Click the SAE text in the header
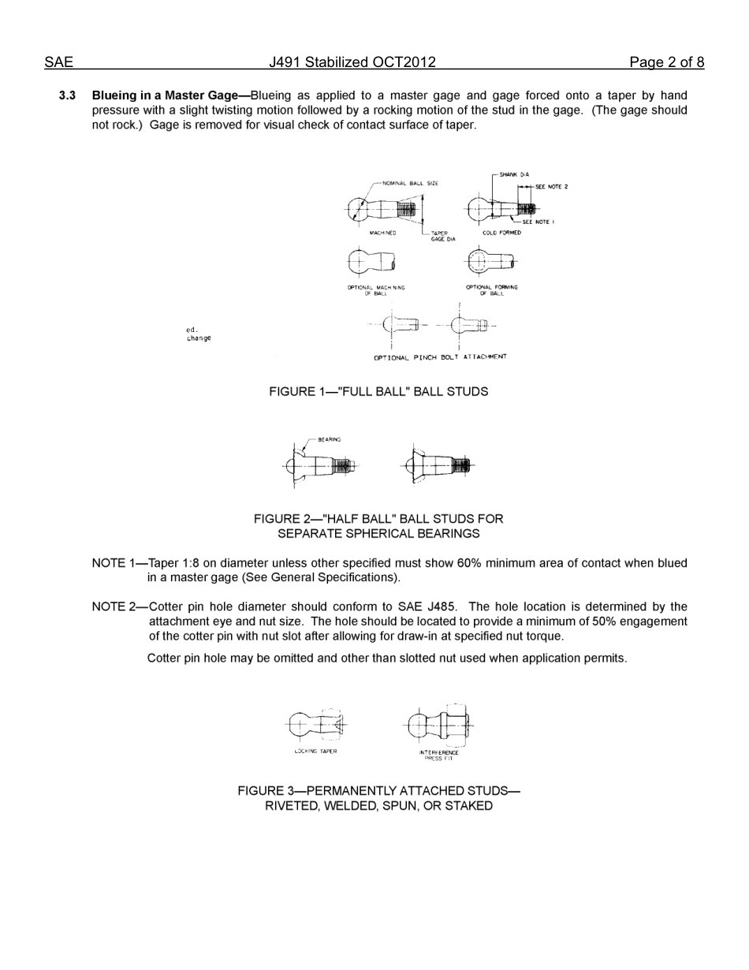[58, 62]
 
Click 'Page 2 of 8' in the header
[666, 62]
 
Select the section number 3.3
[67, 95]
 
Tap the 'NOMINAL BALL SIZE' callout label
[410, 183]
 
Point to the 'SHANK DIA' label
[514, 174]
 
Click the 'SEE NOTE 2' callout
[551, 187]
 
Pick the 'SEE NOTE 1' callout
[538, 222]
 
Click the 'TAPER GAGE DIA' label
[442, 236]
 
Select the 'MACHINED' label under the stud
[382, 233]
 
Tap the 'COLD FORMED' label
[501, 233]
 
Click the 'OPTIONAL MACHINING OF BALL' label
[376, 290]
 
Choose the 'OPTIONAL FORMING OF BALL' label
[492, 290]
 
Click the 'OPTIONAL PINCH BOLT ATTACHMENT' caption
[440, 357]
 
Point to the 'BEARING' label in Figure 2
[330, 439]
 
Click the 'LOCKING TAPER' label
[315, 752]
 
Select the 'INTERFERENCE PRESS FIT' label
[439, 755]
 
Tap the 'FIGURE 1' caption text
[378, 391]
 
